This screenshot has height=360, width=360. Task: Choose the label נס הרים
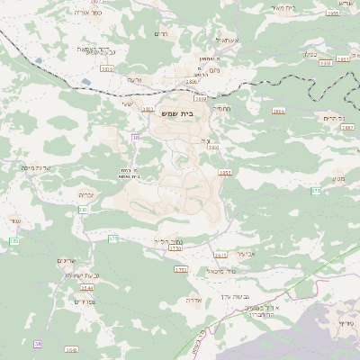click(x=334, y=118)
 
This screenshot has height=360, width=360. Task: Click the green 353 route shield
click(x=13, y=241)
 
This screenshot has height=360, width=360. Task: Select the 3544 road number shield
click(x=86, y=287)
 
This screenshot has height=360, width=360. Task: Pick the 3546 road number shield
click(x=72, y=349)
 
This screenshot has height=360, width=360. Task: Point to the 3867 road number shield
click(x=347, y=128)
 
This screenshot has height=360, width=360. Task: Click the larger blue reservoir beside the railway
click(x=86, y=82)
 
